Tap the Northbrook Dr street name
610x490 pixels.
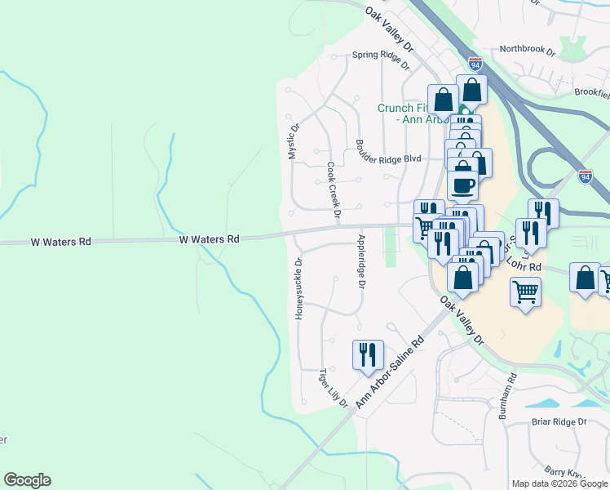click(527, 50)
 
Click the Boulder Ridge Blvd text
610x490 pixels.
click(387, 159)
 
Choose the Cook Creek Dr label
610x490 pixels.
click(333, 190)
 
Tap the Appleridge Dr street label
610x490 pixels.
click(360, 261)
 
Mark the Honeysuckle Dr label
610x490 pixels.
click(298, 289)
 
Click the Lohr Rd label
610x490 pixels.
click(526, 266)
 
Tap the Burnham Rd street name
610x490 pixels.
click(512, 397)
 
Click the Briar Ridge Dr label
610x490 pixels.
click(559, 421)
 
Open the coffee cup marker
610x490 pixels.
click(462, 185)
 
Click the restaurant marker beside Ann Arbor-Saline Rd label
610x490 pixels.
click(368, 354)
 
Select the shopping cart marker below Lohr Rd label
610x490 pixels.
click(526, 290)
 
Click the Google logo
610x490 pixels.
click(27, 480)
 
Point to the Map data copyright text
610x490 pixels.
click(559, 483)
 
